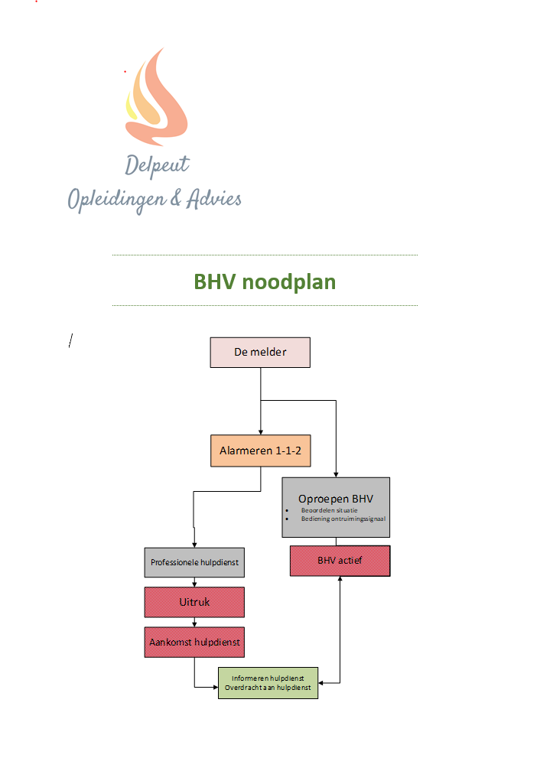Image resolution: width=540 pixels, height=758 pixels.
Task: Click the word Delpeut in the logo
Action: point(158,164)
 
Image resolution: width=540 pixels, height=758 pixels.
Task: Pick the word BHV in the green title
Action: point(214,281)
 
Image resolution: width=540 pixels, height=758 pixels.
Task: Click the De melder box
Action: point(260,353)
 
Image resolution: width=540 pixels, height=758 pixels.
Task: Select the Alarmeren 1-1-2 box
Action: point(260,451)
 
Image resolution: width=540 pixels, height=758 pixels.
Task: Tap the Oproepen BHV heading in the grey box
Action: point(336,498)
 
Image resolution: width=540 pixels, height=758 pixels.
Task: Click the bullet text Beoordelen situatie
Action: point(330,509)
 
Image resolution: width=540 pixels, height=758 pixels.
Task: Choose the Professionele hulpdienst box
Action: point(194,562)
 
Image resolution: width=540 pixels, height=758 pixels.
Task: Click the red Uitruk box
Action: point(194,602)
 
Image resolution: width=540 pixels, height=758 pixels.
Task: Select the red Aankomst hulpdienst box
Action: point(194,643)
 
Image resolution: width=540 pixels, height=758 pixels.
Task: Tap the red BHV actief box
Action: point(340,561)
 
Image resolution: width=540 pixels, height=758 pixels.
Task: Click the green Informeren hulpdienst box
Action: point(268,682)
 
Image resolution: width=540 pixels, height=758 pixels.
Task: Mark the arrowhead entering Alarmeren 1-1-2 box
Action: point(260,432)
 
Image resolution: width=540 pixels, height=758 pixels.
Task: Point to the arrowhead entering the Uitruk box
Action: point(194,584)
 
